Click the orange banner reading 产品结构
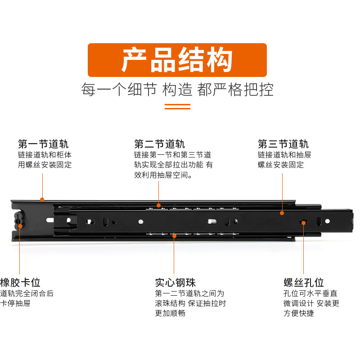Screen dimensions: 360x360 (177, 60)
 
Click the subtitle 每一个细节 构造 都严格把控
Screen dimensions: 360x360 (177, 89)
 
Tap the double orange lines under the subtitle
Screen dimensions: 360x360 (177, 107)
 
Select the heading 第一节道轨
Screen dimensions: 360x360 (43, 144)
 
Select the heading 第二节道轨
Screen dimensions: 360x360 (159, 144)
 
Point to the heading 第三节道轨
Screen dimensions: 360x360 (283, 144)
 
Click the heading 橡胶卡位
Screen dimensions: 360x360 (20, 283)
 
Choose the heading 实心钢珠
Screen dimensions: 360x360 (175, 283)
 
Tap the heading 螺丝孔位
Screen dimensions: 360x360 (304, 283)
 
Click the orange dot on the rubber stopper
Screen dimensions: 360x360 (20, 226)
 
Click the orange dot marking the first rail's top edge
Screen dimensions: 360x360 (42, 199)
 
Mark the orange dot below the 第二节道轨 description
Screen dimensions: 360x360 (158, 205)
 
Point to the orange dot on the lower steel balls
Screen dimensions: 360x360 (174, 236)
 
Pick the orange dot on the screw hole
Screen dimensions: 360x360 (303, 223)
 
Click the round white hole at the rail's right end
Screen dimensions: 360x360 (328, 221)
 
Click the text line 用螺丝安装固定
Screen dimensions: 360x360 (45, 165)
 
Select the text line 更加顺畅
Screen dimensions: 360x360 (170, 313)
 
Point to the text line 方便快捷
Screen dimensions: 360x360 (299, 313)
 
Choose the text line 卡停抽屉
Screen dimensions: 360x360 (15, 303)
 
